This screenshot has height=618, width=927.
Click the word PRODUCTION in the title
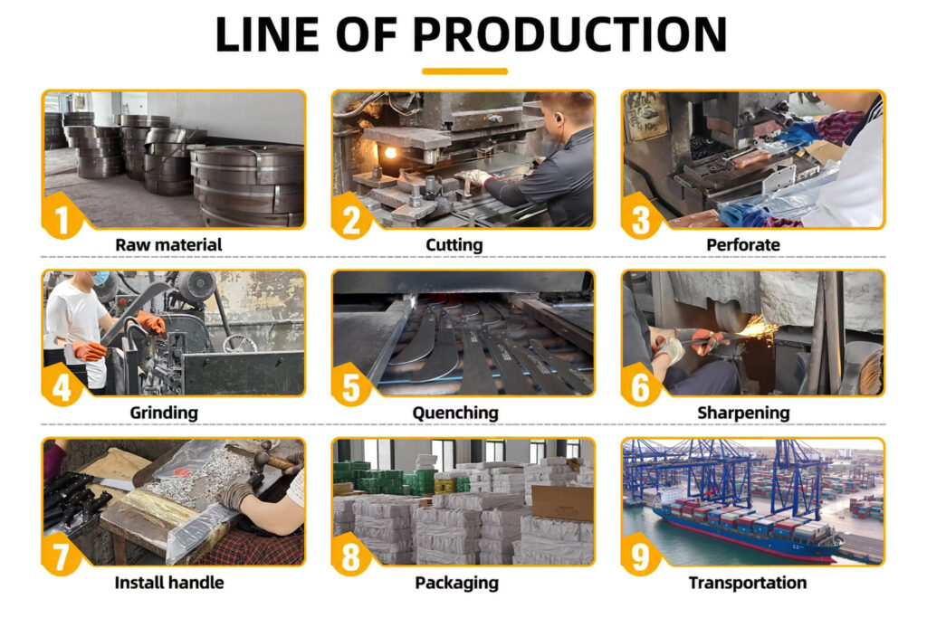click(x=569, y=34)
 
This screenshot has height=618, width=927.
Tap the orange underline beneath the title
click(x=464, y=71)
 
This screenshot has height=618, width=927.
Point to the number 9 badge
click(x=641, y=556)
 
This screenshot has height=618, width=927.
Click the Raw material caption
click(x=168, y=244)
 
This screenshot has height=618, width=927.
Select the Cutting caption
click(x=454, y=245)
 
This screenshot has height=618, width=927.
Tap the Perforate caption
click(x=743, y=244)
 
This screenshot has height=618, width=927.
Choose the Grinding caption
click(x=164, y=413)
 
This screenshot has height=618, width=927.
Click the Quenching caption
click(x=455, y=413)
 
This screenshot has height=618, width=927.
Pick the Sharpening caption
click(x=743, y=413)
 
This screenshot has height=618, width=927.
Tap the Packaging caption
click(x=456, y=583)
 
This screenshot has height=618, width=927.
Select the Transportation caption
click(x=747, y=583)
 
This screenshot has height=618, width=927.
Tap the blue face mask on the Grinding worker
click(x=101, y=278)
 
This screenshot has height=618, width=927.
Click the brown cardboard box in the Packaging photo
click(x=562, y=502)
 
